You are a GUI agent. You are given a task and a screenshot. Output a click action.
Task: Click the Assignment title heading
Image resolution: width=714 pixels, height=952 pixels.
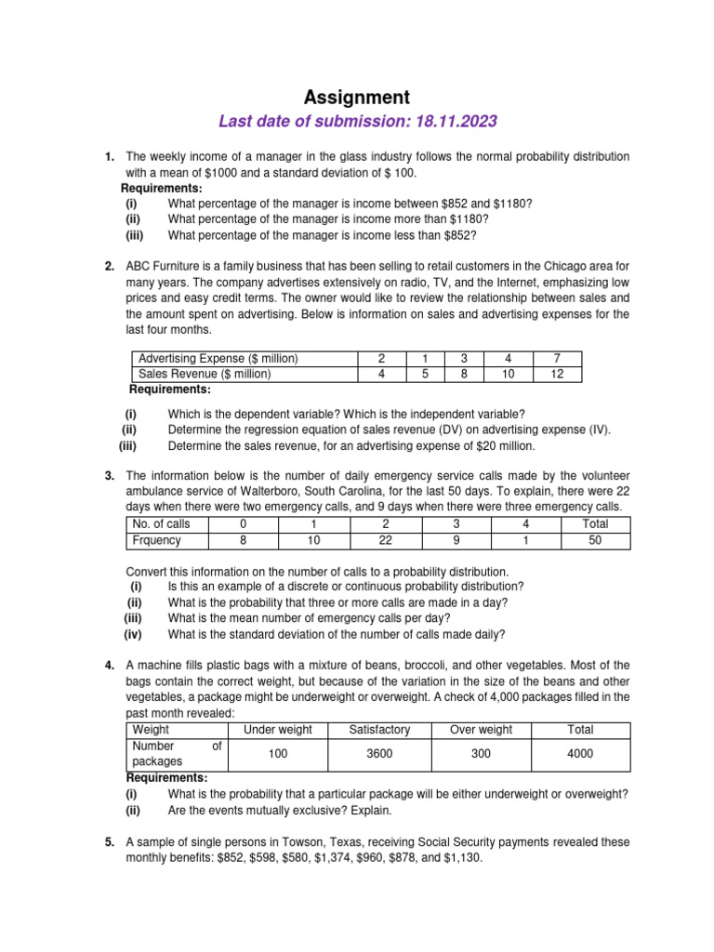pos(357,97)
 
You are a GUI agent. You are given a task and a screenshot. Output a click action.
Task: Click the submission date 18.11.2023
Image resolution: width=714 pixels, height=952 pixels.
pos(451,121)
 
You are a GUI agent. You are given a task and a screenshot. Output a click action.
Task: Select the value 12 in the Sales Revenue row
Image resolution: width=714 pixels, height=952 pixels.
pos(557,375)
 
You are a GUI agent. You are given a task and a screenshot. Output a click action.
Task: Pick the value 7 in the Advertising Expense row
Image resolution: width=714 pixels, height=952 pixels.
pos(557,359)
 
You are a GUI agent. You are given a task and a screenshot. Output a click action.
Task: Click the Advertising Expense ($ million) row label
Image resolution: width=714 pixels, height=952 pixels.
pos(218,359)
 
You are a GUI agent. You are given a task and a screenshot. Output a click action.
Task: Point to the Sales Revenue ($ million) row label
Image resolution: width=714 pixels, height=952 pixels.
pos(205,375)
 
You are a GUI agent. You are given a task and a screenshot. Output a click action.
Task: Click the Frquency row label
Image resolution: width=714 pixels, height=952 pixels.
pos(157,540)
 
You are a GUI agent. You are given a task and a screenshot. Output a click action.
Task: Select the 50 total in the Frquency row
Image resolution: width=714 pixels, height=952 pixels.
pos(595,540)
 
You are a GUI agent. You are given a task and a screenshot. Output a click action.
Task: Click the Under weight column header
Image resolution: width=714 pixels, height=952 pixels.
pos(277,730)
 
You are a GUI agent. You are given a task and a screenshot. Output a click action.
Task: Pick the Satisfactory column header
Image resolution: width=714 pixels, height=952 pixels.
pos(379,730)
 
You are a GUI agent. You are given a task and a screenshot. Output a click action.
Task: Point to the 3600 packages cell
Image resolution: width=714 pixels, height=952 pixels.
pos(379,754)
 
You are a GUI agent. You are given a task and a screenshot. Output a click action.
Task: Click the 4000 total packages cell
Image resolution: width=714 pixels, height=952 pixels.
pos(580,754)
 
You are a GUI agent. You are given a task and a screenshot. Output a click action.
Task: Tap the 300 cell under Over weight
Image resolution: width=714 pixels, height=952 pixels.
pos(481,754)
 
